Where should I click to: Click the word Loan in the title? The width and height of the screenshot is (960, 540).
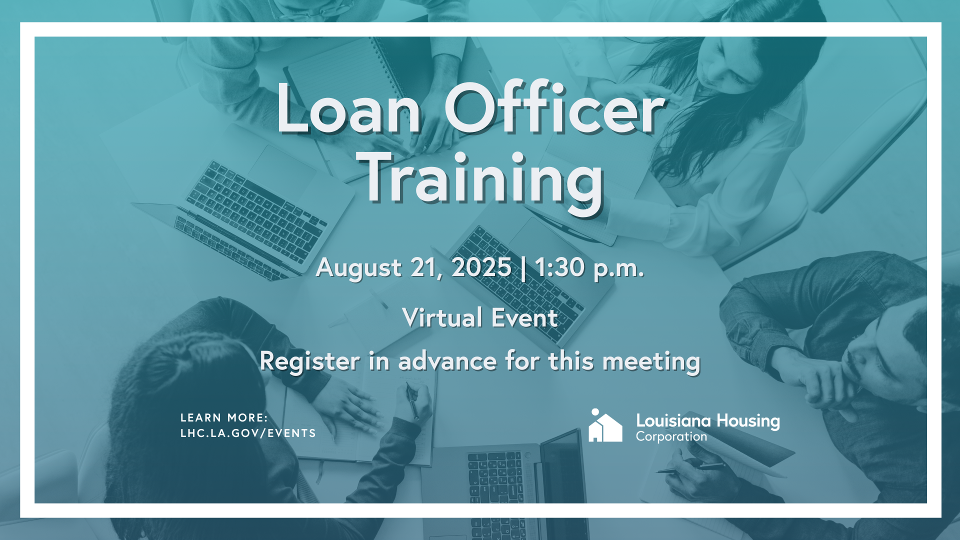(x=349, y=108)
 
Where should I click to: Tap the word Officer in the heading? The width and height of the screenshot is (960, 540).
(x=555, y=107)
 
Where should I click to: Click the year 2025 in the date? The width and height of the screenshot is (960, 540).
(x=481, y=267)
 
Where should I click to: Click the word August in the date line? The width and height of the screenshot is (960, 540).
(x=358, y=269)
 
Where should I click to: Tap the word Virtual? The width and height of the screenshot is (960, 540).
(x=442, y=318)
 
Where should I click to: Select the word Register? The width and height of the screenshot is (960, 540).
(x=309, y=362)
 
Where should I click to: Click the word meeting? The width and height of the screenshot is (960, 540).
(x=651, y=362)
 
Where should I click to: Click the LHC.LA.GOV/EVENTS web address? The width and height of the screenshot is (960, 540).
(x=248, y=433)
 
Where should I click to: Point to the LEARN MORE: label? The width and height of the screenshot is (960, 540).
(x=224, y=417)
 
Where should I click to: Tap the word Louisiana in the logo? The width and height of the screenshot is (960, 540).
(x=673, y=421)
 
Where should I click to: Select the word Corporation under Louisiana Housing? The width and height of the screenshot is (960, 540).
(x=671, y=437)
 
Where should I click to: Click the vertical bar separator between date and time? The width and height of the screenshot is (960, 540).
(x=523, y=268)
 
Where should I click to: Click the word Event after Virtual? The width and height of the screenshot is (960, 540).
(x=524, y=318)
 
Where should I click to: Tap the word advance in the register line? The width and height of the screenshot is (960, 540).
(x=447, y=361)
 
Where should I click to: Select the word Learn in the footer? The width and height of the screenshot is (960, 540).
(x=201, y=417)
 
